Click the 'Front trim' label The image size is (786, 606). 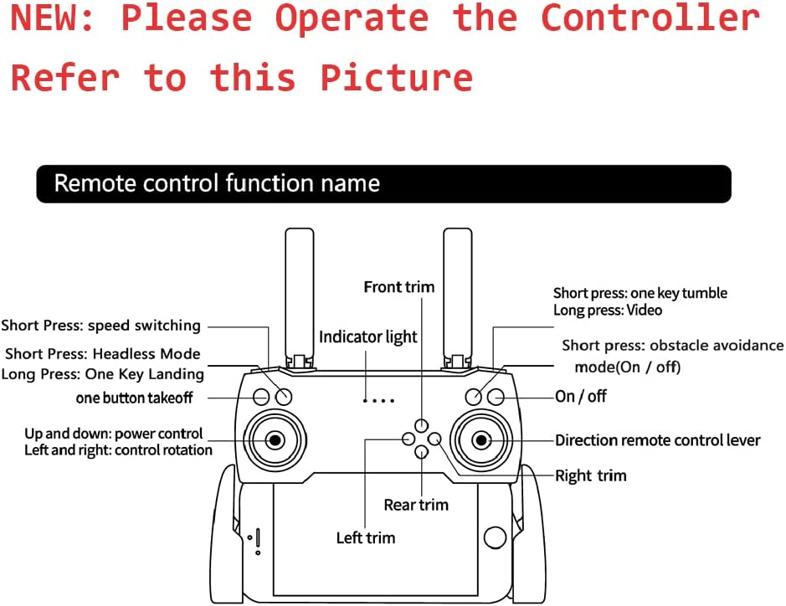(399, 287)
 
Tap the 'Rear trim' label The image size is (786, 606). (416, 505)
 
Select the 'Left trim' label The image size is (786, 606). (366, 538)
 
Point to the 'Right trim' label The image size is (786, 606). (591, 475)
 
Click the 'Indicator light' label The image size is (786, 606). (368, 337)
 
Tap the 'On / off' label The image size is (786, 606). (581, 397)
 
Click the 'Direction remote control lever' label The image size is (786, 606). (658, 440)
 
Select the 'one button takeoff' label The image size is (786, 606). (134, 398)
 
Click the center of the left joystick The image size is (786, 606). (275, 440)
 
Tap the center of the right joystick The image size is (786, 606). (481, 440)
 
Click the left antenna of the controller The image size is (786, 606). (300, 298)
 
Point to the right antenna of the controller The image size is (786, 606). (458, 298)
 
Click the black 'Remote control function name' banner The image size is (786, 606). (384, 184)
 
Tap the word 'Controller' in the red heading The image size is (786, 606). (650, 18)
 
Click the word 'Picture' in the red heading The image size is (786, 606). (397, 78)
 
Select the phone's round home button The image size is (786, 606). (496, 537)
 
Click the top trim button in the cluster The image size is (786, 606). (422, 426)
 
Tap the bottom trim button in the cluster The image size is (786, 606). (422, 452)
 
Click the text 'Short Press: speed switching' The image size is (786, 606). (100, 326)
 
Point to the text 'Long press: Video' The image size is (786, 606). (608, 311)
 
